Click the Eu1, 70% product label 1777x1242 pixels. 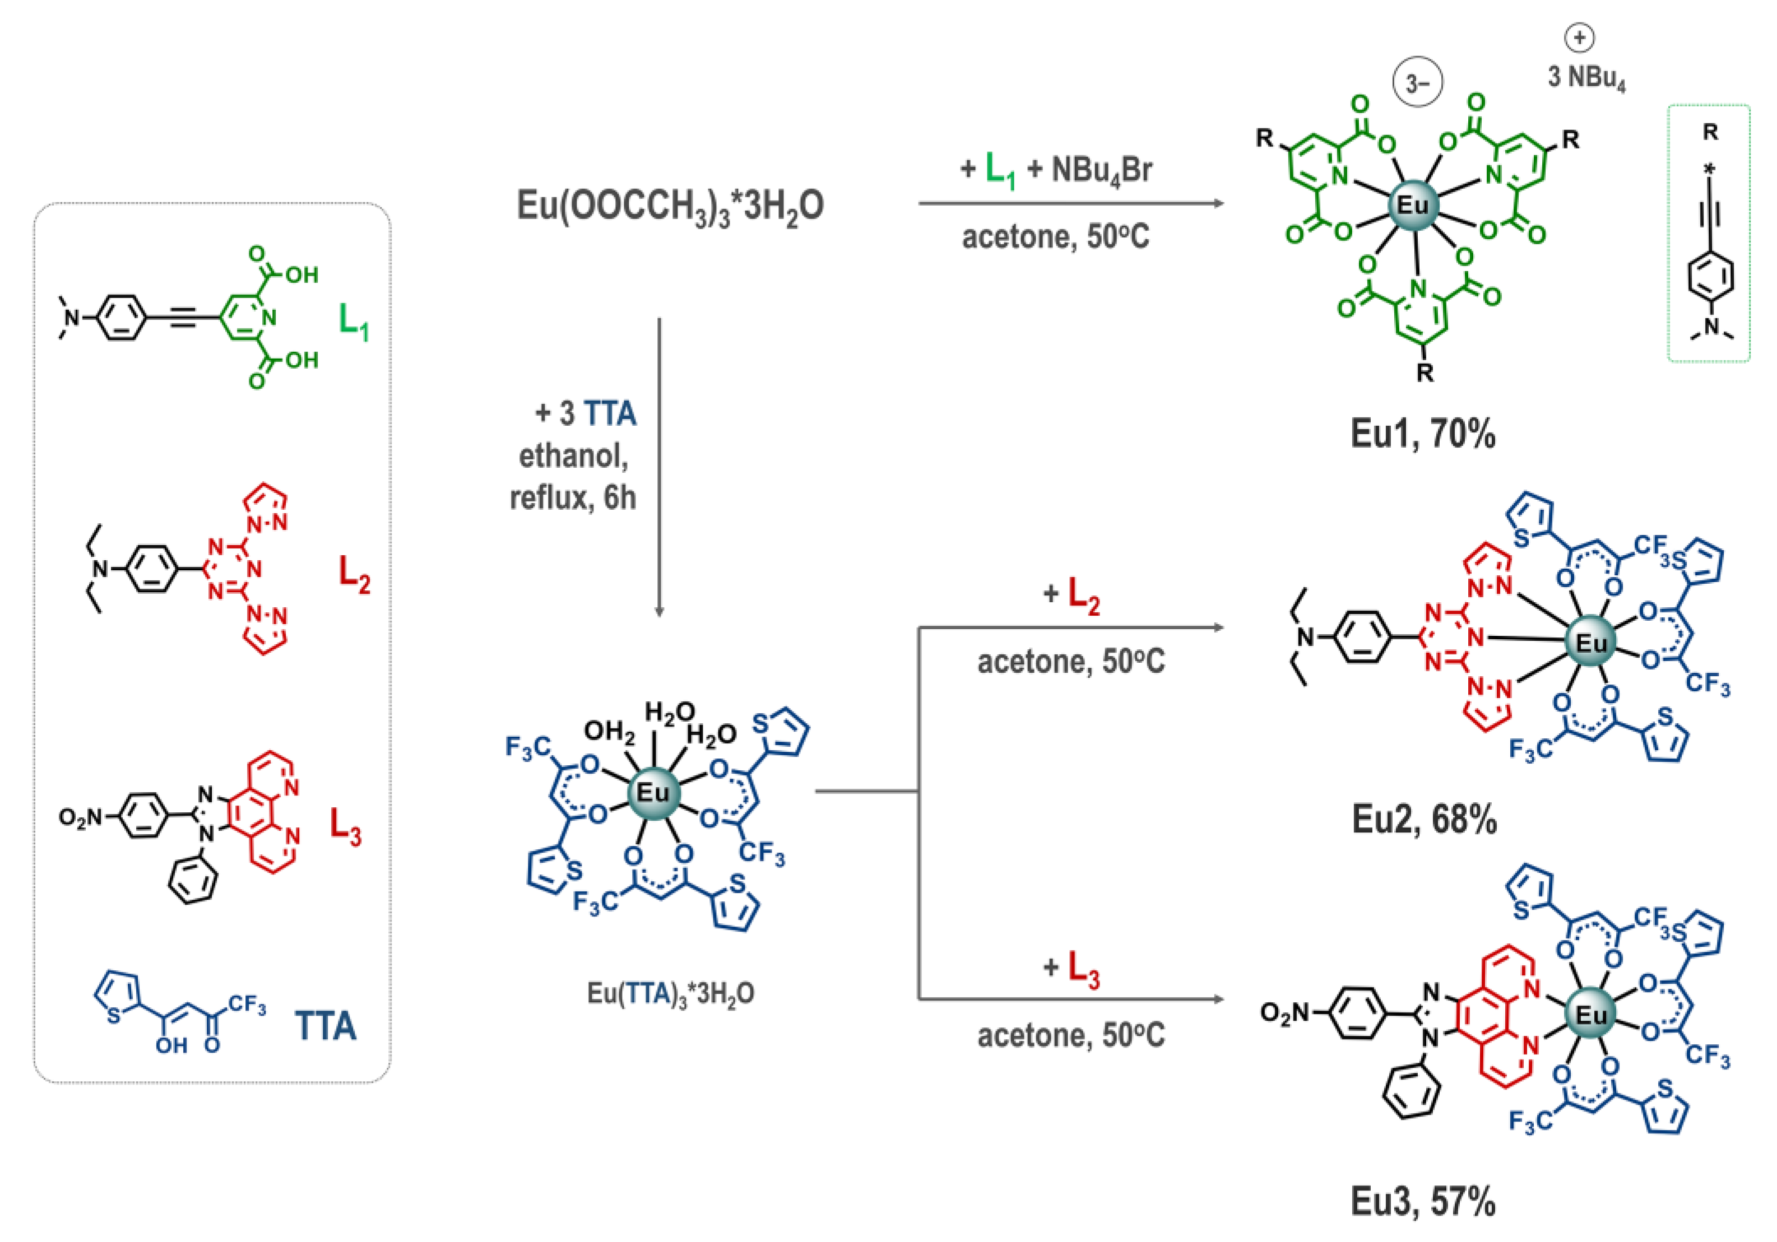click(1422, 434)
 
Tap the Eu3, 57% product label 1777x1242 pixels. click(1422, 1202)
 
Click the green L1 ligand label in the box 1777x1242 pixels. click(354, 321)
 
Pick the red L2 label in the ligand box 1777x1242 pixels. click(354, 574)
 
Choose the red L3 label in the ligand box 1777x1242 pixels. click(345, 826)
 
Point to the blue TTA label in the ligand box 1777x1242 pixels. click(325, 1027)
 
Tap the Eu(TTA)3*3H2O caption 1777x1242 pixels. click(670, 993)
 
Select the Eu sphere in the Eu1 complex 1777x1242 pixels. click(1413, 205)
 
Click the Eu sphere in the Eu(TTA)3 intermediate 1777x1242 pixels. click(652, 792)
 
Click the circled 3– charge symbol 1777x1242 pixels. click(1417, 83)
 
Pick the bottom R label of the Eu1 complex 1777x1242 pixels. click(1425, 374)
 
